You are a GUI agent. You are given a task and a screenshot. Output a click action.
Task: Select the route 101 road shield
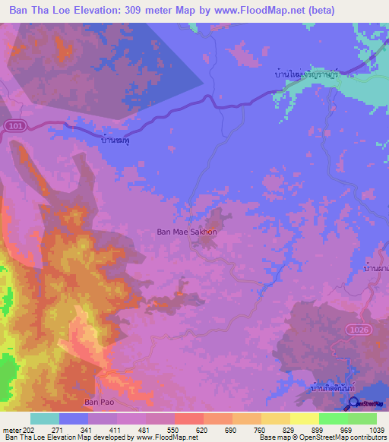[11, 126]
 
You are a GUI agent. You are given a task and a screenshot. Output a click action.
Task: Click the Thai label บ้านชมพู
[115, 141]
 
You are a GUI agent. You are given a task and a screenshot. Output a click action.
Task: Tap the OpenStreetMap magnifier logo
[353, 403]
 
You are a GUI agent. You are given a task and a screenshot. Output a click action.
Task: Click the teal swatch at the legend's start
[44, 418]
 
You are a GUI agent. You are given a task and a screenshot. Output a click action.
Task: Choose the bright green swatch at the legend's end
[362, 418]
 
